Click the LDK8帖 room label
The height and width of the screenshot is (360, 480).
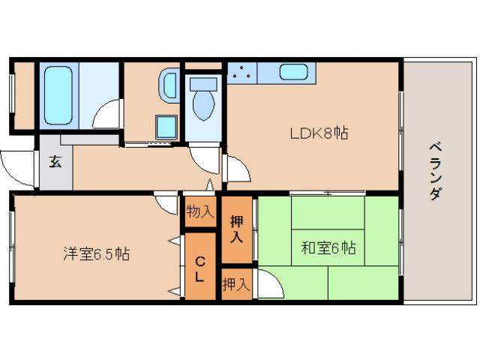tap(319, 133)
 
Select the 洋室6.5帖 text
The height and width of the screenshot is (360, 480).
tap(96, 253)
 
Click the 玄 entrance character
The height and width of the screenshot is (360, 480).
tap(55, 161)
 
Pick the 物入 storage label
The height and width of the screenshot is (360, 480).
tap(199, 212)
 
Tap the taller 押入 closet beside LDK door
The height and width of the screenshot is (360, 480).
tap(236, 228)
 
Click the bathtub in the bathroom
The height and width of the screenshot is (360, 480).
tap(58, 95)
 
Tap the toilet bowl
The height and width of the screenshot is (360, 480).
tap(203, 103)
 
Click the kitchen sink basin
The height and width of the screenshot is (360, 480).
tap(292, 73)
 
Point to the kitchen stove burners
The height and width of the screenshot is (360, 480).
tap(241, 73)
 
